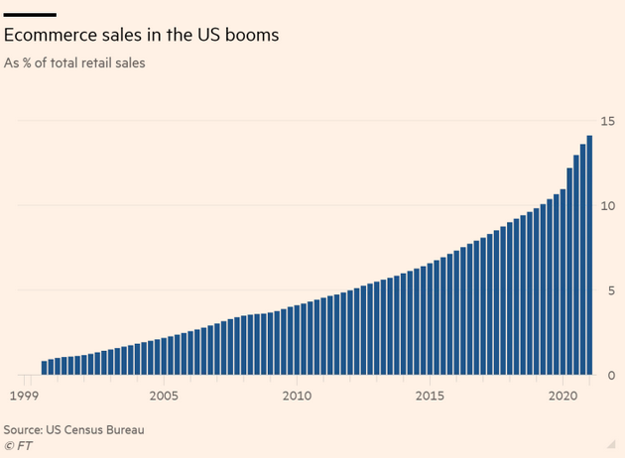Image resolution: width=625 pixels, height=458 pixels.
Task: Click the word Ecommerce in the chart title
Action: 48,35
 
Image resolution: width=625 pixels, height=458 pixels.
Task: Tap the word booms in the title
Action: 248,35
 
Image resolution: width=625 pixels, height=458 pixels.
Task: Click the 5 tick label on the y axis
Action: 603,291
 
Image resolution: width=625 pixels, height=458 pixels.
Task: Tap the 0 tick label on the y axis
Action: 603,376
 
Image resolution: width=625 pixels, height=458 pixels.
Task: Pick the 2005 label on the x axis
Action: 164,397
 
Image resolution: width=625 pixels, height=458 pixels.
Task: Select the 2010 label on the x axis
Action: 297,397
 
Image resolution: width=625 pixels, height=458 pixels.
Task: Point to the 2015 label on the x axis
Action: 430,397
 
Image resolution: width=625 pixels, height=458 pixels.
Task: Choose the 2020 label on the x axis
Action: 562,397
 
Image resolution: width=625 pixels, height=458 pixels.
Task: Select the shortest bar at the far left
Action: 45,368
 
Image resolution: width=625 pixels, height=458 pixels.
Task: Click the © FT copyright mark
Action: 17,445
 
